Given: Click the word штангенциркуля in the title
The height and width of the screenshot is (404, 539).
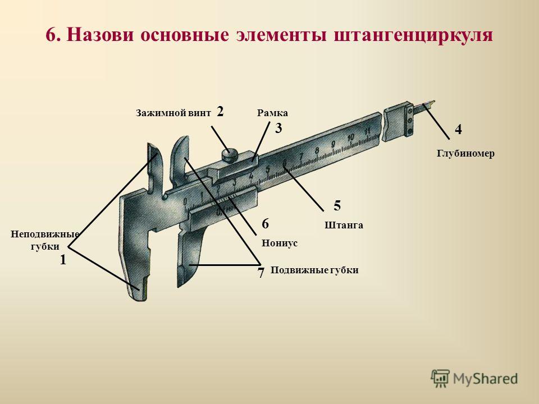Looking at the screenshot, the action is (x=414, y=35).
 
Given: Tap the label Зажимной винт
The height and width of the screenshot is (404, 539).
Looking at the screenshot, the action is (x=173, y=113).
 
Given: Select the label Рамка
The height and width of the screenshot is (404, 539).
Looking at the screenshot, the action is (x=273, y=113).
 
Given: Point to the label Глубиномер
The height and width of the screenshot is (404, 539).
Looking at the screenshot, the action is (x=466, y=153).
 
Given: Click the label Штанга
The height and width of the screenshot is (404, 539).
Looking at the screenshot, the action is (x=344, y=225).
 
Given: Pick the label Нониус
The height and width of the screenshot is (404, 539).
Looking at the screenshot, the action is (x=280, y=243).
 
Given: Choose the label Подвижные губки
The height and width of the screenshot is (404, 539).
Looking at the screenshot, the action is (x=314, y=270).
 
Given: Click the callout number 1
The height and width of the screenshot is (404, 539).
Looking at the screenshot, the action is (x=63, y=260).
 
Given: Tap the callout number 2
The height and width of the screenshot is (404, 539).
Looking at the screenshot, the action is (x=220, y=111).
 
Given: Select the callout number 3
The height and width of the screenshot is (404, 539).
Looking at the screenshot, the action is (x=278, y=128).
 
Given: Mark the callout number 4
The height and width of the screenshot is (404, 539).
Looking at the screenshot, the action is (x=458, y=130).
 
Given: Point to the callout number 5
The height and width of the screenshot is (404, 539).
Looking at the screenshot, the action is (x=337, y=205).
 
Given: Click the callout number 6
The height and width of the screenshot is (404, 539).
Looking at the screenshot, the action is (x=266, y=224).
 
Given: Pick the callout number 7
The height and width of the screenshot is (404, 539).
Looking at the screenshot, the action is (x=261, y=273).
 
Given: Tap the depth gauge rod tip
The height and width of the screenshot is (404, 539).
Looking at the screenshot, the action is (x=432, y=102).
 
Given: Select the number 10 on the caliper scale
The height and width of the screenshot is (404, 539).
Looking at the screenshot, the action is (x=350, y=137).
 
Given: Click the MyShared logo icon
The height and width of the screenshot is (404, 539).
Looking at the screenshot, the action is (x=440, y=379).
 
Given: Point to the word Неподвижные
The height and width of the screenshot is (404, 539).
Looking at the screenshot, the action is (x=45, y=235).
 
